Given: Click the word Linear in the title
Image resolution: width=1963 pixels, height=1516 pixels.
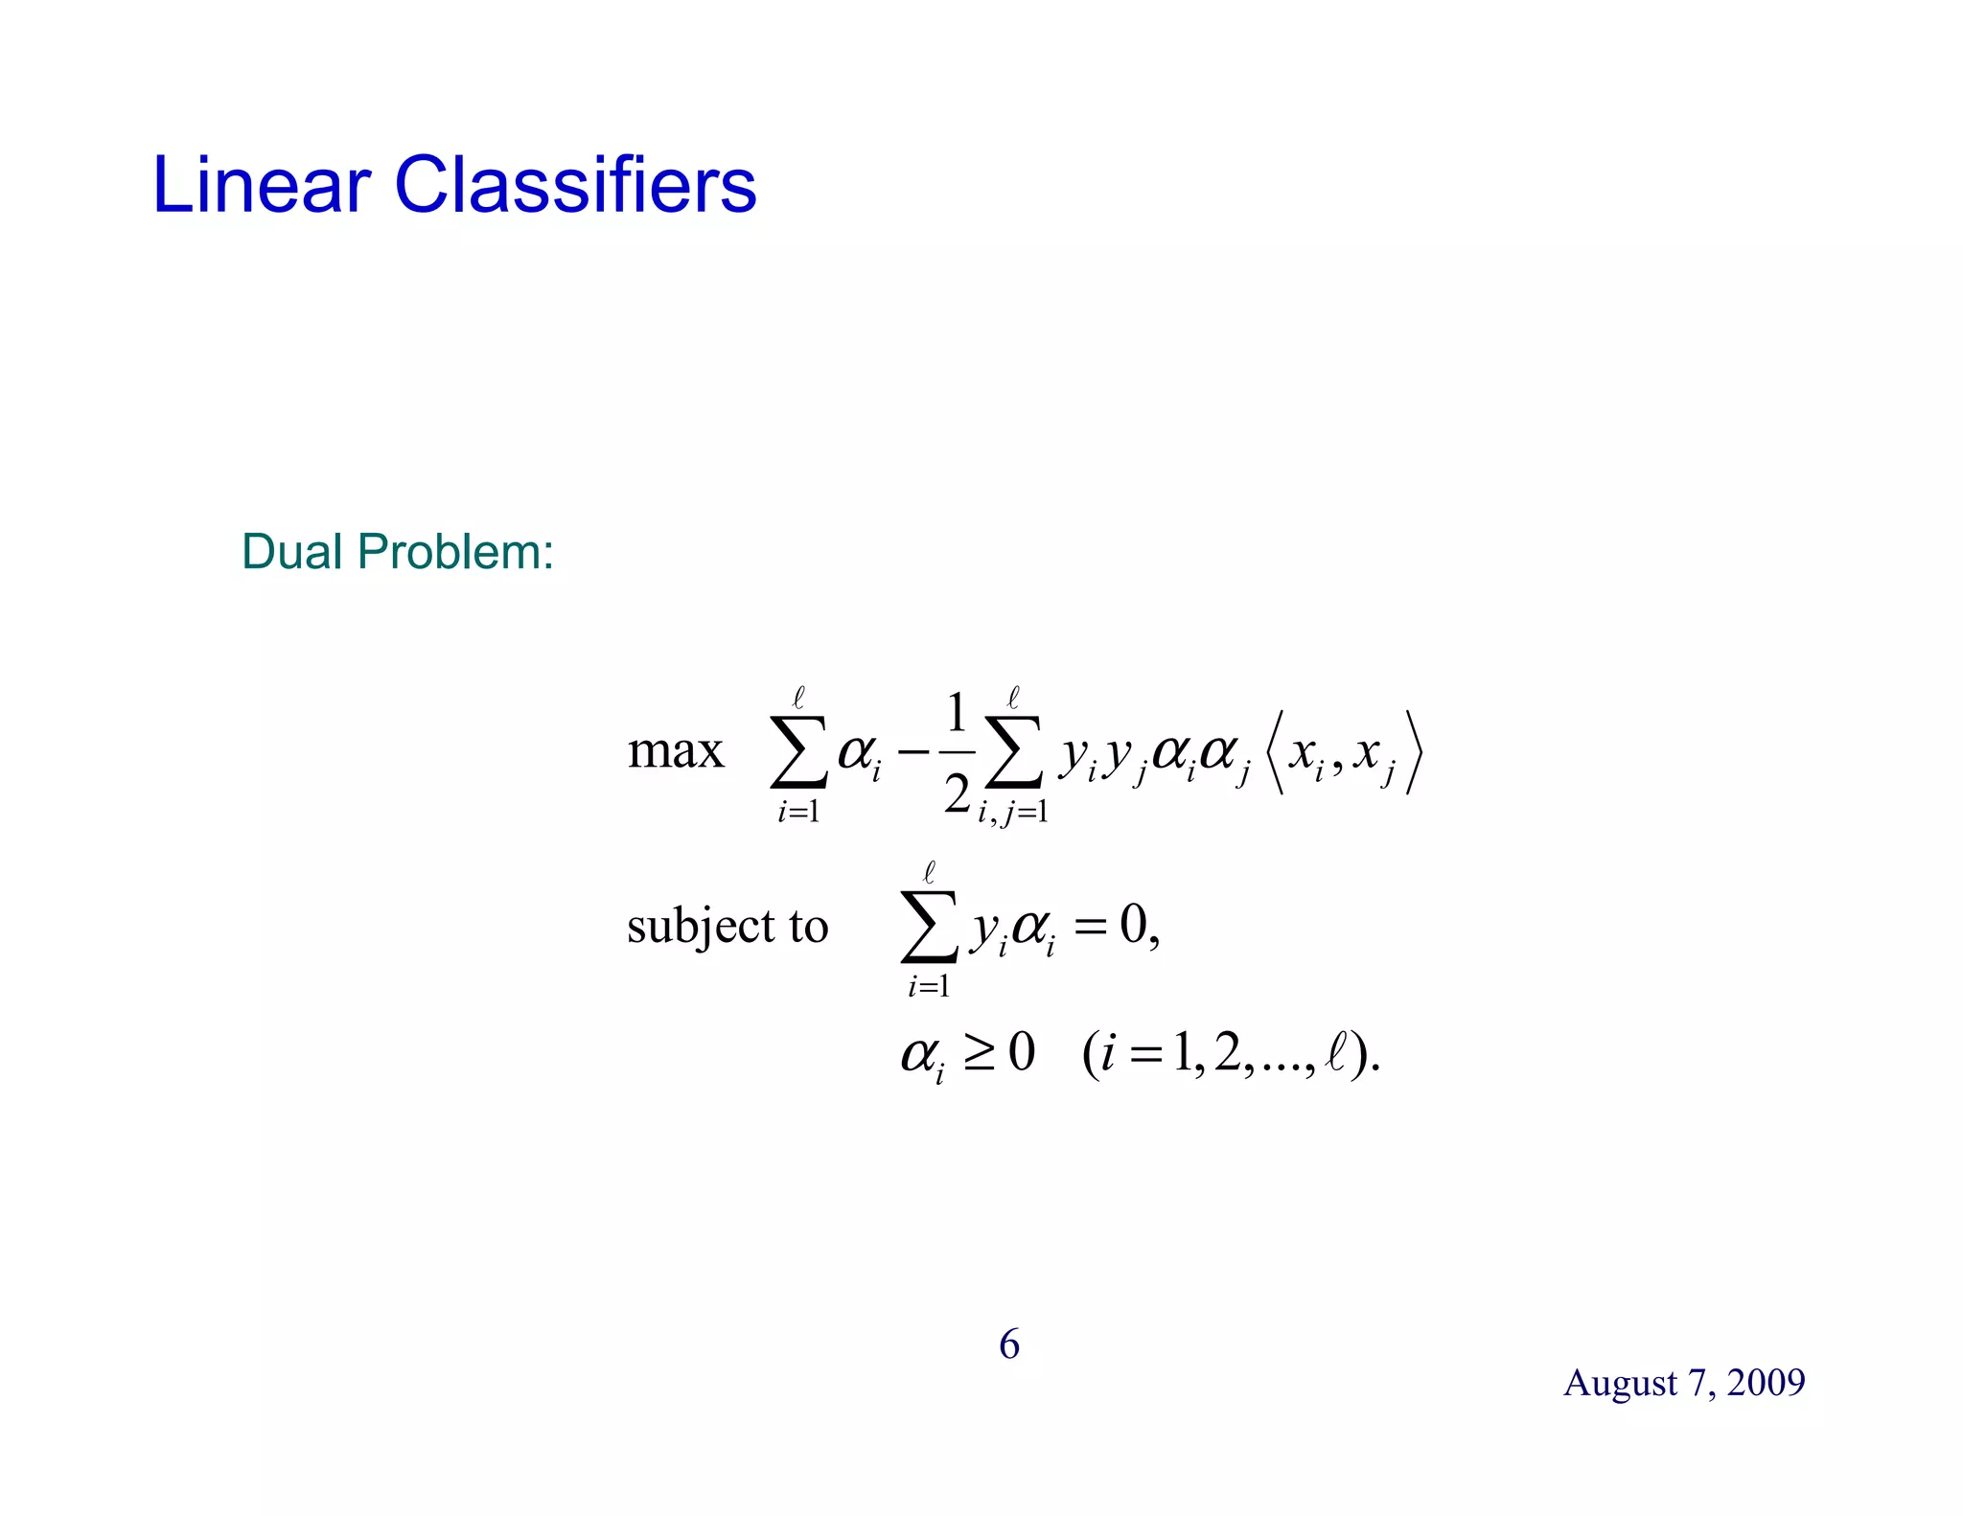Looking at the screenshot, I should [x=261, y=184].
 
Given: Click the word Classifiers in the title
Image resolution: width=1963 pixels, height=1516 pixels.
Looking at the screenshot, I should [x=575, y=184].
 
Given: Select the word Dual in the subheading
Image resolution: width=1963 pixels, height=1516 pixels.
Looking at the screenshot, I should [x=291, y=552].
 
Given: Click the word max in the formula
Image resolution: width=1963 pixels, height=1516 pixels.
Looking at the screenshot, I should [x=675, y=751].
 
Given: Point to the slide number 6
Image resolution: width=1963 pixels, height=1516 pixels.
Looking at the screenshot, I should [x=1008, y=1344].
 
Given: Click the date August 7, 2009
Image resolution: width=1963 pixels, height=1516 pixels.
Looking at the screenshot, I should [x=1684, y=1383].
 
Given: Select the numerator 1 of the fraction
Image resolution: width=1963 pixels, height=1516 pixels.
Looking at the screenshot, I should [x=956, y=714].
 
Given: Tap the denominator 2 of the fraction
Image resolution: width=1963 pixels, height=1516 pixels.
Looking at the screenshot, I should [x=957, y=793].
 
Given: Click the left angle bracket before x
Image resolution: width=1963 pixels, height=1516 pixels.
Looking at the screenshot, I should [x=1274, y=753].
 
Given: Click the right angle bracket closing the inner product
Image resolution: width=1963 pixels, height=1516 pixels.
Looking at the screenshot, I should [x=1414, y=753].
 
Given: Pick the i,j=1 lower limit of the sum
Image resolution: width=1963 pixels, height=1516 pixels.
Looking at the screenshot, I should [x=1012, y=813].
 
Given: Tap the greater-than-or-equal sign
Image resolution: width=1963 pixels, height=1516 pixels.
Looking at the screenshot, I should [x=979, y=1053].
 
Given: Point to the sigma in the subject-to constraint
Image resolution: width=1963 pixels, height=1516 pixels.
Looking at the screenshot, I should [x=928, y=926].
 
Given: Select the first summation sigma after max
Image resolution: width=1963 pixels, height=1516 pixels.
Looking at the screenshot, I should [x=798, y=751].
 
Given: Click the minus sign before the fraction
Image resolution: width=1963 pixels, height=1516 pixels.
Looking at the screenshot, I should [x=913, y=751].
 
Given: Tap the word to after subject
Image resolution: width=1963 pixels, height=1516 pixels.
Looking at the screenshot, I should [x=808, y=927].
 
